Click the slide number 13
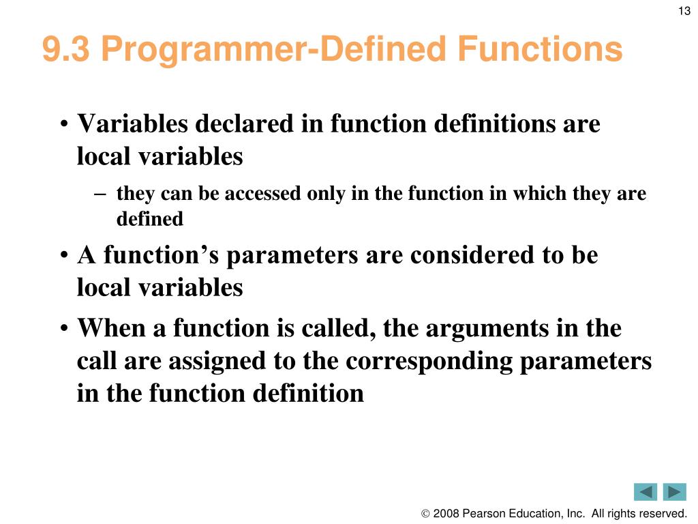coord(684,11)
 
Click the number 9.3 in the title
coord(66,49)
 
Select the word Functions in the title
coord(540,49)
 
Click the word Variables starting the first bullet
coord(133,123)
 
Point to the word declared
coord(245,123)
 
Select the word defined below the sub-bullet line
coord(149,219)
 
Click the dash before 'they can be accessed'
coord(100,194)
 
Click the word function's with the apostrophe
coord(161,255)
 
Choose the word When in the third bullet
coord(111,328)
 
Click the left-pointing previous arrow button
coord(646,492)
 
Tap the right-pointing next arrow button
coord(674,492)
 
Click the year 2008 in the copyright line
coord(446,513)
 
